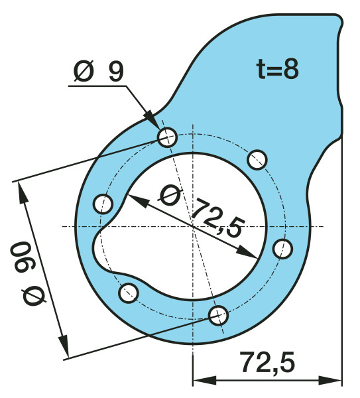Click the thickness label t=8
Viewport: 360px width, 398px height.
(x=277, y=69)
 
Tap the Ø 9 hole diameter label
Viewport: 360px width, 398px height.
(x=98, y=72)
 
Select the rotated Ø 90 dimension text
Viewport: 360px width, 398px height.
(x=27, y=273)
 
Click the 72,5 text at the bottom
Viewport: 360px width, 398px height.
(x=267, y=362)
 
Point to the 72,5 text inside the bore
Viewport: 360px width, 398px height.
(x=217, y=218)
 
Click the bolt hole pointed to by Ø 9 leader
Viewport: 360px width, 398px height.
(x=167, y=137)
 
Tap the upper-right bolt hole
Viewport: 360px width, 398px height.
(x=257, y=160)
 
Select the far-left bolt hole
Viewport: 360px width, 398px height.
(x=103, y=204)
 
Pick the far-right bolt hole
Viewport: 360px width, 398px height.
(x=282, y=249)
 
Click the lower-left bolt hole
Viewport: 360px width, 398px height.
(x=129, y=293)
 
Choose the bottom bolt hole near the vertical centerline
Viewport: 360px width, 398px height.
(x=218, y=315)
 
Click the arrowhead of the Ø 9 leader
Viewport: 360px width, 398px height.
(x=152, y=118)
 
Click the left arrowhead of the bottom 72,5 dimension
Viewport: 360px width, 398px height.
(x=204, y=381)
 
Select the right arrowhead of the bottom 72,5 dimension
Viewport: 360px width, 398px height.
(x=330, y=381)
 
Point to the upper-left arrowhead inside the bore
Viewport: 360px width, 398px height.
(x=139, y=200)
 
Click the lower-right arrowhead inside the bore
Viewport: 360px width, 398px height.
(x=247, y=252)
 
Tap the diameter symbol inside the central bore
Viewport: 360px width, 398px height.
(x=170, y=196)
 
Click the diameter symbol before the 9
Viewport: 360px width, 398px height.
(x=84, y=72)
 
